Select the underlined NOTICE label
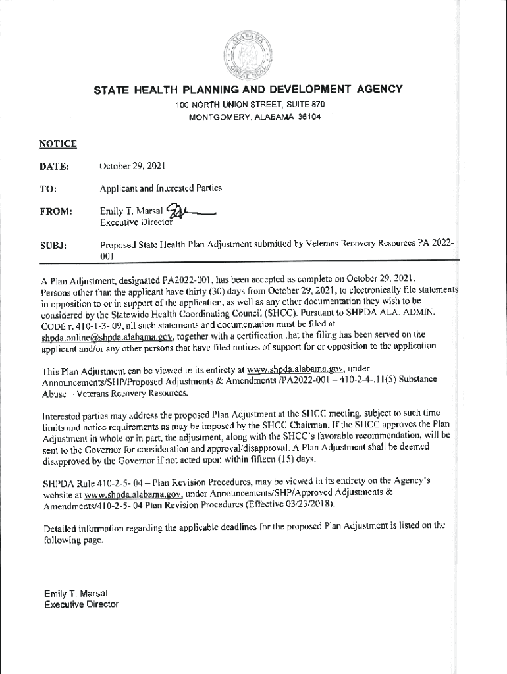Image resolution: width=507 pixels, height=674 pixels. point(58,143)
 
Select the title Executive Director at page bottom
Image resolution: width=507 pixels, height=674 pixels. point(81,604)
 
